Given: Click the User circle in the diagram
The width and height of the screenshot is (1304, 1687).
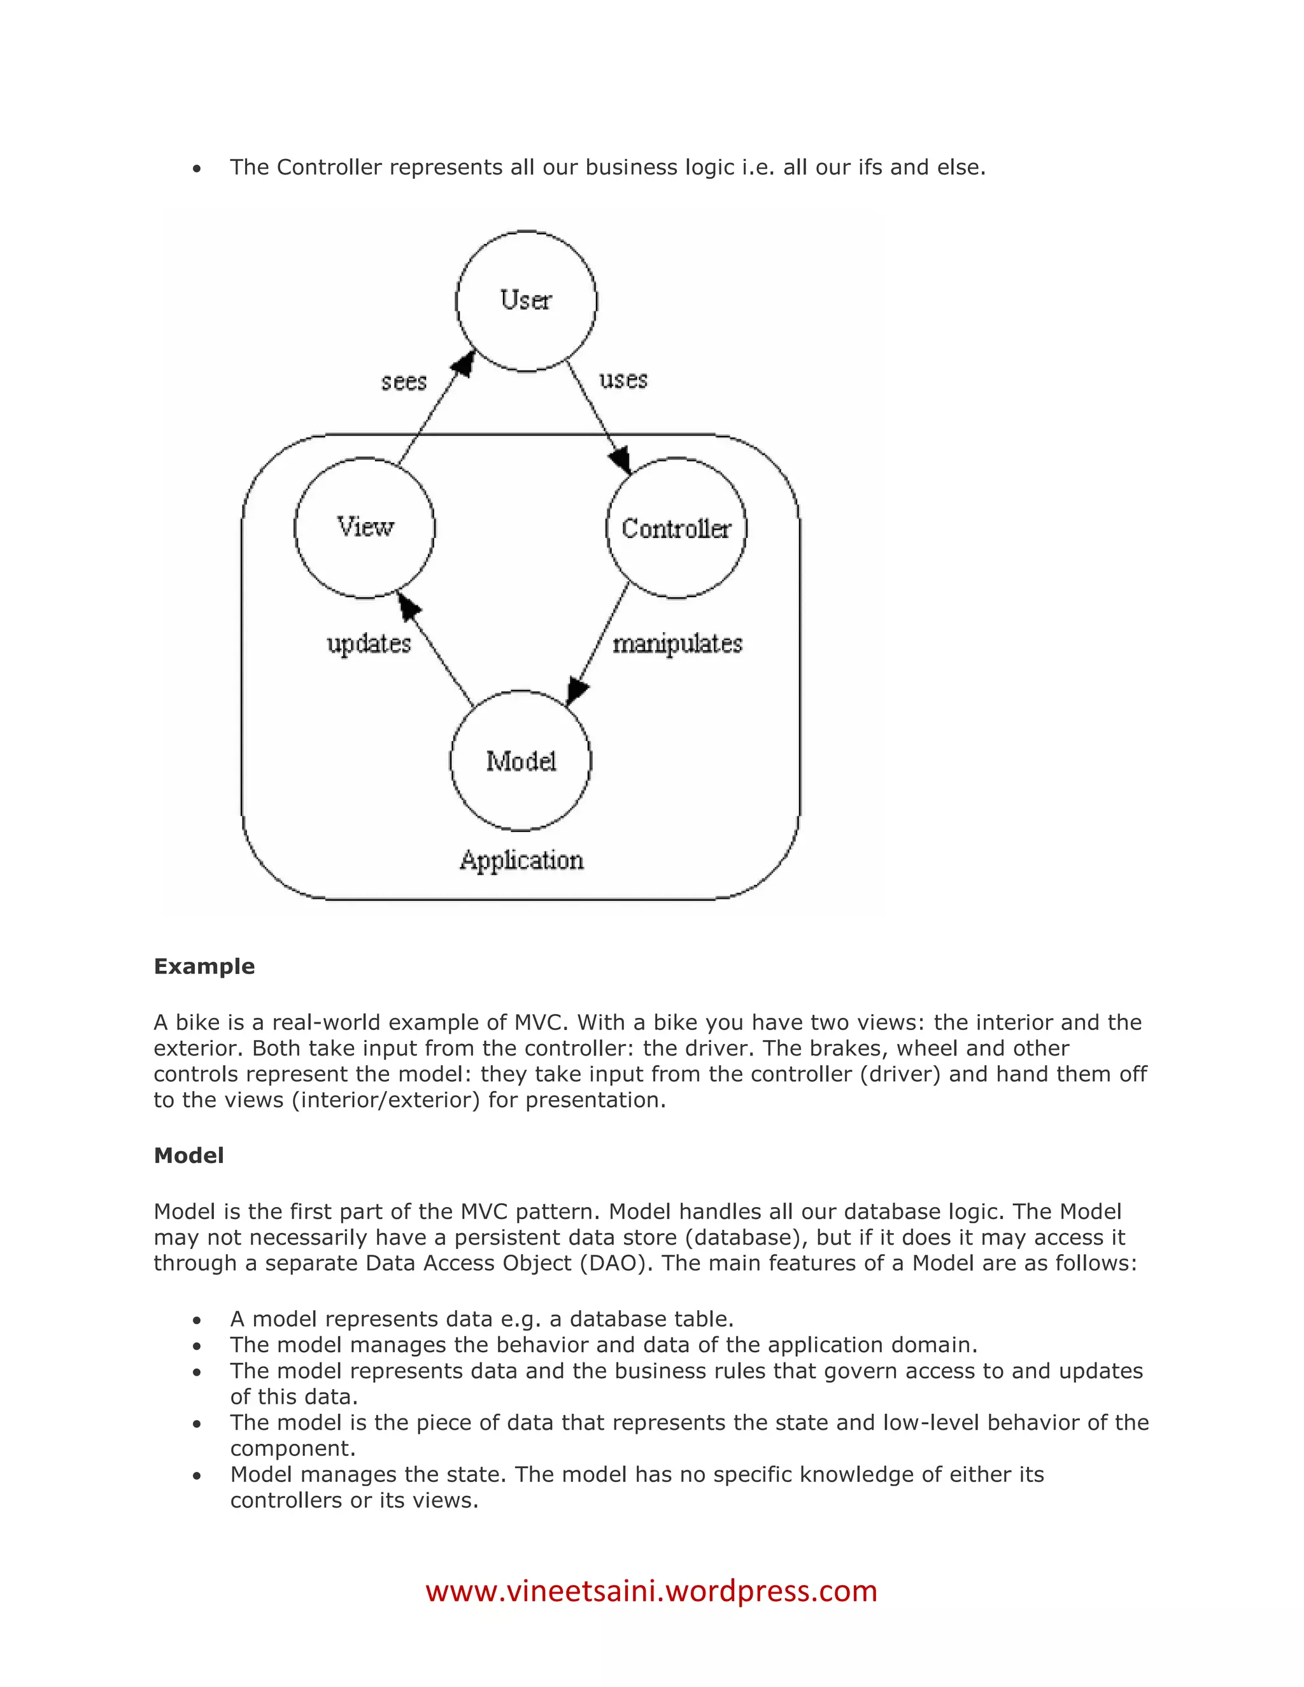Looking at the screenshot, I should click(x=526, y=300).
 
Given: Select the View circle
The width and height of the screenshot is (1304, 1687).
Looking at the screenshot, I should click(x=365, y=528).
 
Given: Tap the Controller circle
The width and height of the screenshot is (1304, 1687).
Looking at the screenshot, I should click(x=676, y=528).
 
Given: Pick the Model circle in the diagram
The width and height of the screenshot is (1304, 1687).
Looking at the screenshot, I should click(x=521, y=761).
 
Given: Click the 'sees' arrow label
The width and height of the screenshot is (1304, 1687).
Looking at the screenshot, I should click(x=404, y=381).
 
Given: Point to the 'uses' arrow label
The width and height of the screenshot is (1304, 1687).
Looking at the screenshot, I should click(x=623, y=379).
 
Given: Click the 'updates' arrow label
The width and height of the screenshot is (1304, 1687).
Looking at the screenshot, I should click(x=369, y=644).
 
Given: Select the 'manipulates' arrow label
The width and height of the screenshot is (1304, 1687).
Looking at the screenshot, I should click(x=677, y=644).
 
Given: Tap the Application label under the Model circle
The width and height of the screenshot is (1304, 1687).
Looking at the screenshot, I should click(x=521, y=859).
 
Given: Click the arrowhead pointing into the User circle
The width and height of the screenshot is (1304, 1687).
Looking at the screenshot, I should click(x=465, y=362).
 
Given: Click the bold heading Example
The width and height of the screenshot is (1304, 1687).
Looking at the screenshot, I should click(x=204, y=966).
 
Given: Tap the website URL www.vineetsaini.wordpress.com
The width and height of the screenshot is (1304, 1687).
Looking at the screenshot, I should click(x=651, y=1592).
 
